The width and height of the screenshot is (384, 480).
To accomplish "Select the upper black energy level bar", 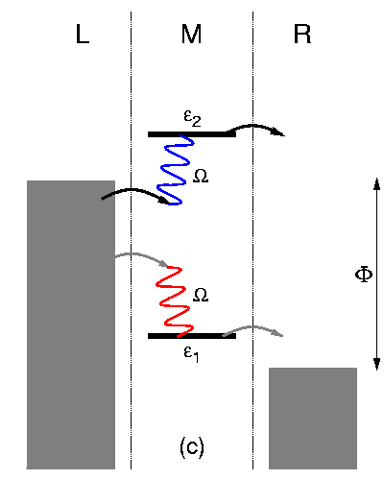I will [x=192, y=134].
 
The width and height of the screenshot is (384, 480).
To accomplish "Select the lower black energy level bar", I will [x=192, y=336].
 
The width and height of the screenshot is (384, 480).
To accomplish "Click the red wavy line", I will [x=171, y=298].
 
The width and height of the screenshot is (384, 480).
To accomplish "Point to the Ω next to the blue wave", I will [x=201, y=177].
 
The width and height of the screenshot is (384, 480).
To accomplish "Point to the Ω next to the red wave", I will [x=201, y=294].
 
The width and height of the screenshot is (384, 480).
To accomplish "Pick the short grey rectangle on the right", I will [x=313, y=418].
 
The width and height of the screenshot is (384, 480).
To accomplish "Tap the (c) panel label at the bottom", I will [x=192, y=446].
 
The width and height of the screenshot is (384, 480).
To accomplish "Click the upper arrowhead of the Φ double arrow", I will [x=376, y=184].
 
